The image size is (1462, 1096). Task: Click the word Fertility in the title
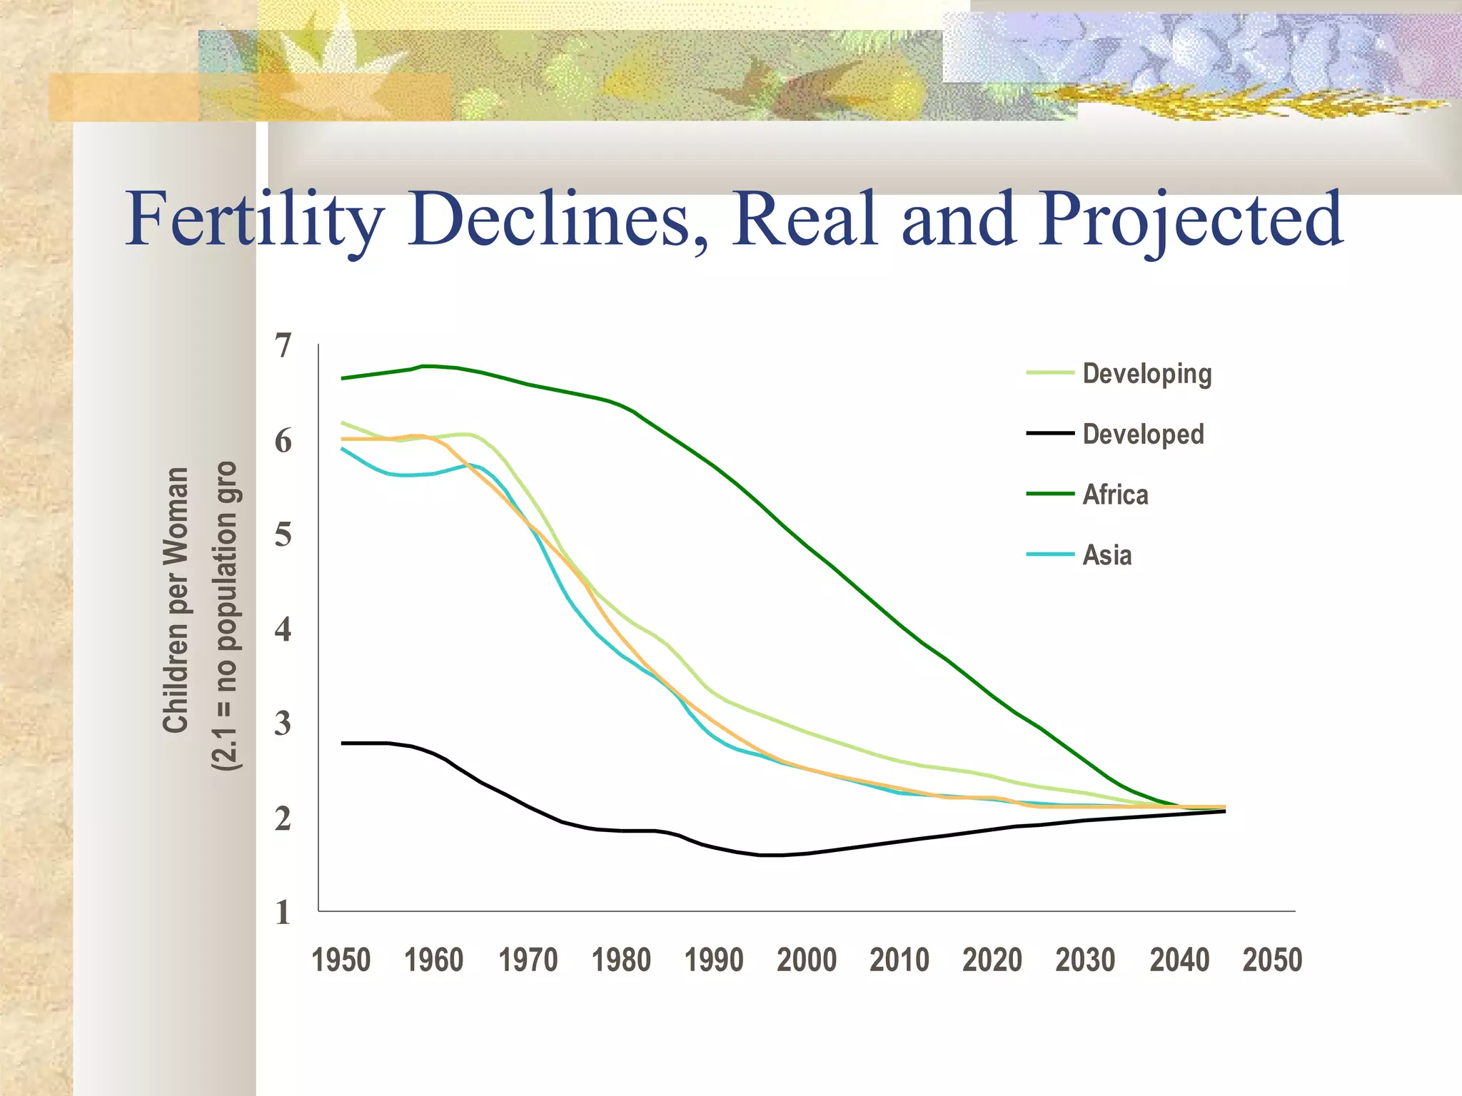click(255, 220)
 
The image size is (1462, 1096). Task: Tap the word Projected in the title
click(1190, 220)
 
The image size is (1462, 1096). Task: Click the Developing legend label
click(1146, 374)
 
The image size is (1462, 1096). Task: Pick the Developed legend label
click(1143, 435)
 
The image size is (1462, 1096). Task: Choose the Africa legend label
click(1115, 494)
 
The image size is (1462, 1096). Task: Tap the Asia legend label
click(1106, 555)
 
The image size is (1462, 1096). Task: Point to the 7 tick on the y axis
click(283, 345)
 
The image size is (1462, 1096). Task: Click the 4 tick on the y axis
click(283, 629)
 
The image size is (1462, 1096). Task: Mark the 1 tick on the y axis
click(283, 913)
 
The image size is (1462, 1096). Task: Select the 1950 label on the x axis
click(341, 960)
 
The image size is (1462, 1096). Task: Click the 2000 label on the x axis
click(807, 960)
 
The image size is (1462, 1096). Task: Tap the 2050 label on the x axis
click(1272, 960)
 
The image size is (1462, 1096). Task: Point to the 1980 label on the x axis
click(621, 960)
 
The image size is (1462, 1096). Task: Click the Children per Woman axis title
click(176, 599)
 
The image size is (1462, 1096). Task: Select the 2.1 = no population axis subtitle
click(226, 615)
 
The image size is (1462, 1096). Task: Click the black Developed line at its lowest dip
click(771, 855)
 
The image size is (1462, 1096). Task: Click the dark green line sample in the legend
click(1050, 494)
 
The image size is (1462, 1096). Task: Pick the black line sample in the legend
click(1050, 433)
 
